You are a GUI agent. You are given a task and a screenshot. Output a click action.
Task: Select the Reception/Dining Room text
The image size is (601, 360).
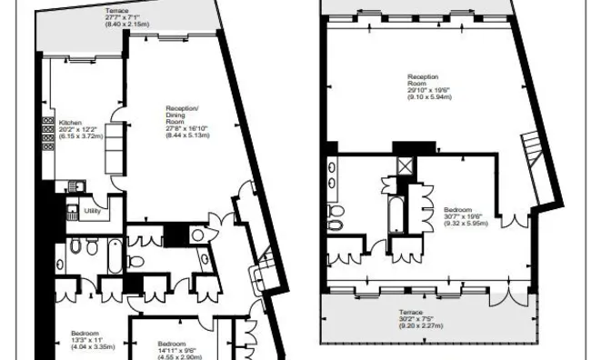click(x=187, y=113)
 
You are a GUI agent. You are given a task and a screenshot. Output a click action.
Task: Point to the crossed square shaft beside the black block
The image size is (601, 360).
click(x=403, y=166)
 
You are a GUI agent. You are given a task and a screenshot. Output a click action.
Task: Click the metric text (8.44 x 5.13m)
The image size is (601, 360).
click(x=188, y=135)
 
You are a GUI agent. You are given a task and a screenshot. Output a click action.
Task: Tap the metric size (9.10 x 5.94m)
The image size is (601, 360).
click(x=428, y=97)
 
